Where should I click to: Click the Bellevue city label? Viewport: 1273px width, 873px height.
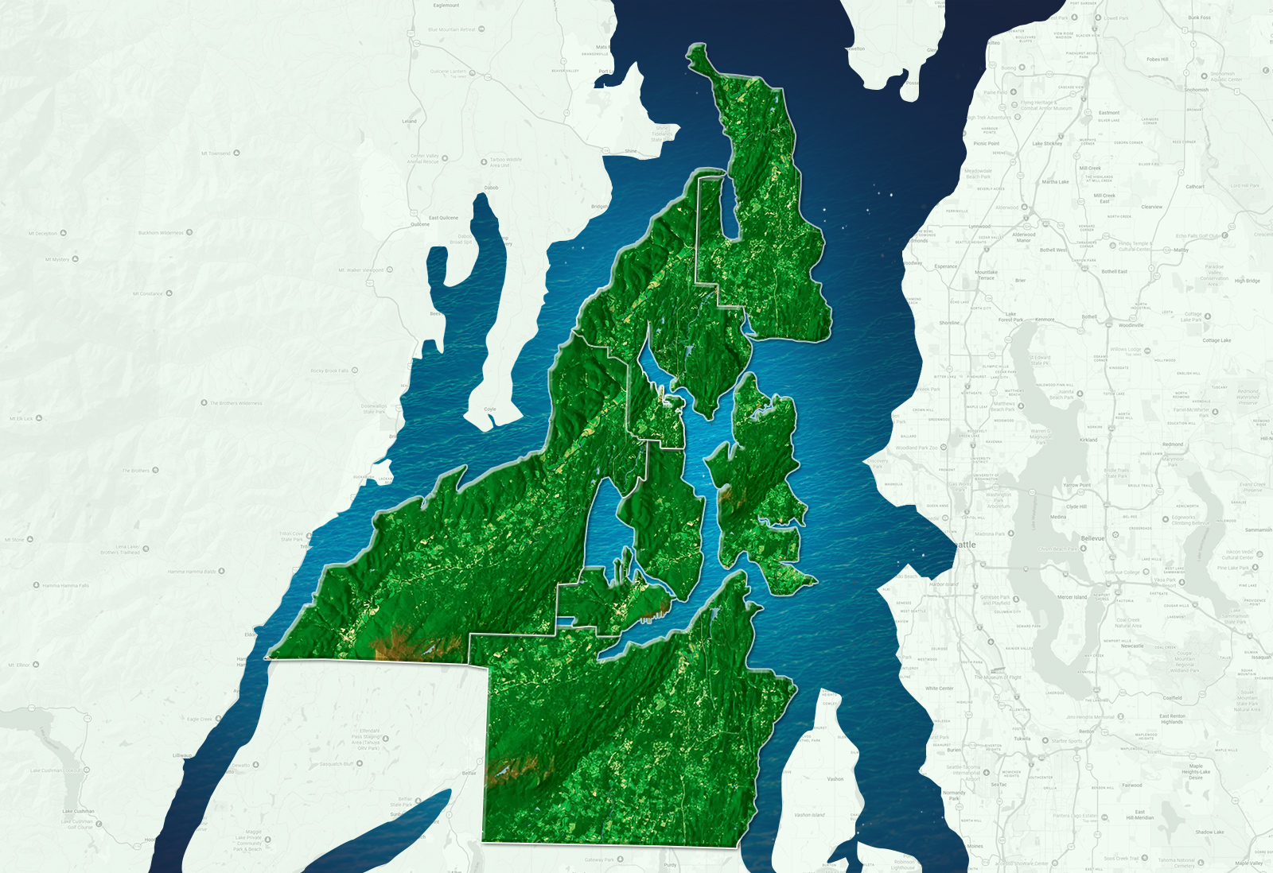(x=1092, y=538)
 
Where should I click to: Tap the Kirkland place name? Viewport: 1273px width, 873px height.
(x=1088, y=440)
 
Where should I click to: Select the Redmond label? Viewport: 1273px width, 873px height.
(x=1173, y=444)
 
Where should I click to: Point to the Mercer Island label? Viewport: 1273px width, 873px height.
(x=1072, y=597)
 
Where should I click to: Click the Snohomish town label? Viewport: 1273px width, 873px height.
(x=1196, y=90)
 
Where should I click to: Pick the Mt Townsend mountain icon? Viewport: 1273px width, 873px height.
(x=236, y=153)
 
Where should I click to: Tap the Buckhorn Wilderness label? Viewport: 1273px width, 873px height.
(x=161, y=233)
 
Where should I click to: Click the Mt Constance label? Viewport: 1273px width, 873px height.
(x=147, y=293)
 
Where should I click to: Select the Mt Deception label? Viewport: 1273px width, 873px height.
(x=43, y=234)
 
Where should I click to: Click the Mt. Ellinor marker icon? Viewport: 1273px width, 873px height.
(x=37, y=665)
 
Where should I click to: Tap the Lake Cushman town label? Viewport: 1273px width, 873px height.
(x=78, y=812)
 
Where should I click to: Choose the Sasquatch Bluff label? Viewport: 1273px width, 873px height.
(x=337, y=764)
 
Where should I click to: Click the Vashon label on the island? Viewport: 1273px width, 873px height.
(x=835, y=779)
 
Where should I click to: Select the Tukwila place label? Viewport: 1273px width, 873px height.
(x=1022, y=739)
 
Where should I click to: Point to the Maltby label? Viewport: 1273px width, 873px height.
(x=1181, y=250)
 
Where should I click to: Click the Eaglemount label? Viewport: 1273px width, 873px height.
(x=446, y=6)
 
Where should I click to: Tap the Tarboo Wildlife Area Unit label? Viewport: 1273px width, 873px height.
(x=505, y=162)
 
